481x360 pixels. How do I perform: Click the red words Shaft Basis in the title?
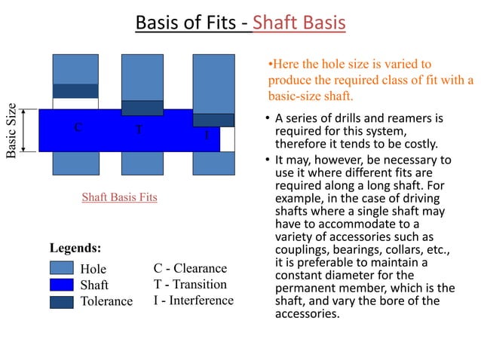pos(299,23)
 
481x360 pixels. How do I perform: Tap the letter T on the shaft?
pos(139,128)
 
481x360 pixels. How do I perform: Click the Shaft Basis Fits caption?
pos(119,197)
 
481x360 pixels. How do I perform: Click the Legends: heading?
pos(75,247)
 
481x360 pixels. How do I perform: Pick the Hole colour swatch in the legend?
pos(61,269)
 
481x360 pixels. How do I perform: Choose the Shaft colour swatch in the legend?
pos(61,285)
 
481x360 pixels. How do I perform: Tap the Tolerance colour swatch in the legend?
pos(61,301)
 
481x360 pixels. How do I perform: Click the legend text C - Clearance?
pos(190,268)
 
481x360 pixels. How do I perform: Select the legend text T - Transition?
pos(190,284)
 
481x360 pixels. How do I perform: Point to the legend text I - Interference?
pos(194,301)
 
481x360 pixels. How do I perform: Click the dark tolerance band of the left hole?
pos(75,91)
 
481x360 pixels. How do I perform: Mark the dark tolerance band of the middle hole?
pos(142,108)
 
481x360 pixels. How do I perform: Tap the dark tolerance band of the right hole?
pos(213,120)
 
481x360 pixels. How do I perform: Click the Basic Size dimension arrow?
pos(26,130)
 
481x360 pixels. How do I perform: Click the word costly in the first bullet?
pos(422,144)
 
